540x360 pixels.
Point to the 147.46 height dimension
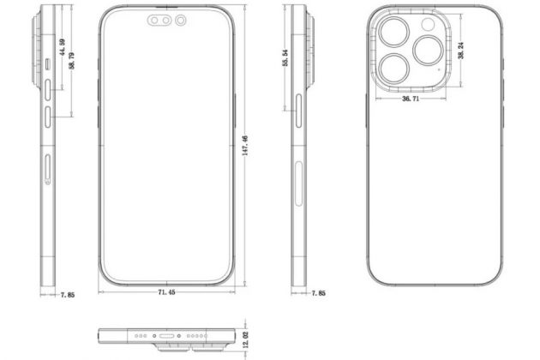(x=245, y=150)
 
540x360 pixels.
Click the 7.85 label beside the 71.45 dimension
(x=67, y=296)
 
